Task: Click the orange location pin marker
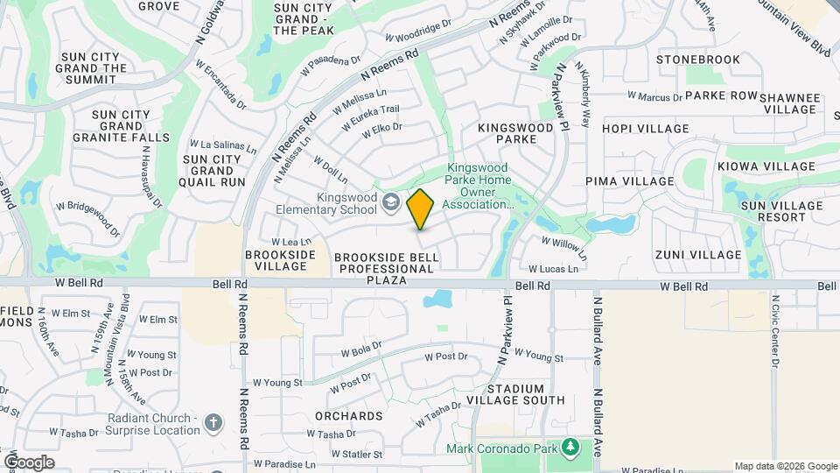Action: (421, 209)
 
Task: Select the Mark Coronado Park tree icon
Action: (570, 448)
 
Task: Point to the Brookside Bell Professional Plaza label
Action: (385, 262)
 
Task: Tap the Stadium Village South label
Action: (526, 394)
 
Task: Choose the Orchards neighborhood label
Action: (350, 416)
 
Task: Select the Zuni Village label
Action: (697, 255)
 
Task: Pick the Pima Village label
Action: (630, 181)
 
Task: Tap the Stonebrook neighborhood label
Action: (698, 60)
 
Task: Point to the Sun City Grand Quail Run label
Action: (213, 171)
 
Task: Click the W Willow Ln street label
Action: (562, 241)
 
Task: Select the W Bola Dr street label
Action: (361, 351)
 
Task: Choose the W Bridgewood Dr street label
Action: (87, 219)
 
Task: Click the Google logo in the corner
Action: (28, 462)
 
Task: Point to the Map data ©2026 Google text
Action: (785, 466)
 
